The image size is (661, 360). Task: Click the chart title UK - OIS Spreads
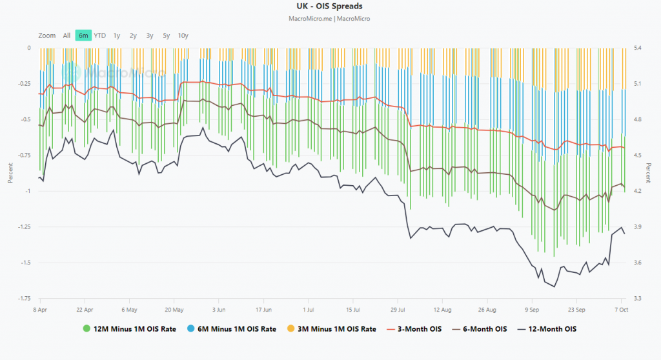[x=329, y=7]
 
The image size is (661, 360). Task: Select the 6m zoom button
[x=83, y=35]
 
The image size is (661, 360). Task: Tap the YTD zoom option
[x=100, y=35]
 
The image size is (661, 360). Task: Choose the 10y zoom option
[x=183, y=35]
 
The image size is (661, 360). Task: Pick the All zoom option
[x=66, y=35]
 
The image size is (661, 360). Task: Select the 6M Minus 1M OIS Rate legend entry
[x=232, y=329]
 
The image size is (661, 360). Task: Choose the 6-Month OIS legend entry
[x=483, y=329]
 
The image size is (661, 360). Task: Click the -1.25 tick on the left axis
[x=25, y=227]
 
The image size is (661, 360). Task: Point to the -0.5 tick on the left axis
[x=26, y=120]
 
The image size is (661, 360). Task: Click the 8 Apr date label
[x=40, y=309]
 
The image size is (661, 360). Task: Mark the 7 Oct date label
[x=620, y=309]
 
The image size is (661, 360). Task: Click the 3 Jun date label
[x=218, y=309]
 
